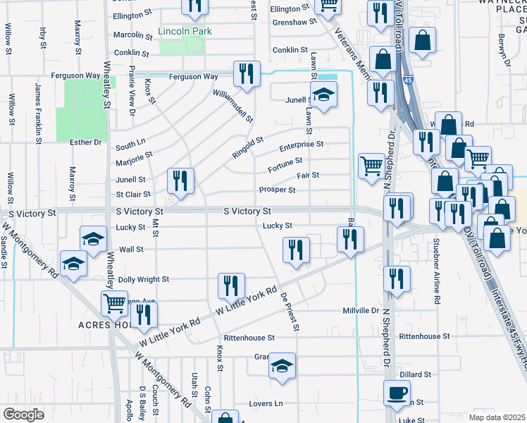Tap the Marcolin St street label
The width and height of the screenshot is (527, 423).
point(133,35)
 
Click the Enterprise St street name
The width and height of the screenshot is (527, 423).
point(301,145)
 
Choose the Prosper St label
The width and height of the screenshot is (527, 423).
point(277,190)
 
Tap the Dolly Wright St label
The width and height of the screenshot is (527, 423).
point(144,279)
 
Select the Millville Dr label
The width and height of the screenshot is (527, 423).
point(361,310)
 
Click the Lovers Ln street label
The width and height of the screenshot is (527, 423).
point(266,404)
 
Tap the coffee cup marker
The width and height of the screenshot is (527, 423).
point(396,391)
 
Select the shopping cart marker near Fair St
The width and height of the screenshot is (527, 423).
point(371,166)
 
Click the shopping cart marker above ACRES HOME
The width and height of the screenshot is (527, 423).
point(114,303)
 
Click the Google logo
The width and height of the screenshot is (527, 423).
point(24,415)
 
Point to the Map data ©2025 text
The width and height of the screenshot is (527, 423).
point(497,417)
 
